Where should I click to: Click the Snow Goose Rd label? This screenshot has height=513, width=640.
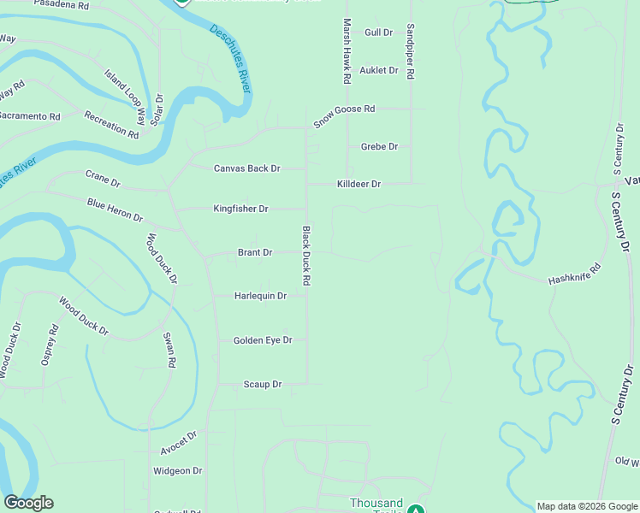point(344,115)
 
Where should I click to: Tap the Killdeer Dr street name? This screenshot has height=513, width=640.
point(359,184)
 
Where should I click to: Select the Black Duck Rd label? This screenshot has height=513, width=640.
point(305,256)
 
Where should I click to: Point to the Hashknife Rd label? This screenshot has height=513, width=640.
point(575,273)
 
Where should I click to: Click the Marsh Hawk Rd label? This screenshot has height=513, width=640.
point(347,51)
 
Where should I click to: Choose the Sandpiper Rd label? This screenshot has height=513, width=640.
point(411,51)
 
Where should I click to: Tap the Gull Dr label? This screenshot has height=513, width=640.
point(378,32)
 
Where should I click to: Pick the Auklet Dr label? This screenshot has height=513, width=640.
point(379,70)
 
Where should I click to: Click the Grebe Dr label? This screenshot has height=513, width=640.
point(379,147)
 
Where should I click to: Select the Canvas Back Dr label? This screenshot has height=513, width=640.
point(246,168)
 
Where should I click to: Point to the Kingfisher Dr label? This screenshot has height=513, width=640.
point(240,209)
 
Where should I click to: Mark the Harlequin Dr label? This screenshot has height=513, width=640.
point(260,296)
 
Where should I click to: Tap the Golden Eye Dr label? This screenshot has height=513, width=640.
point(263,340)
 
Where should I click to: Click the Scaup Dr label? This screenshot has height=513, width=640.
point(262,385)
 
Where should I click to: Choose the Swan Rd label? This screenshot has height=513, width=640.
point(170,349)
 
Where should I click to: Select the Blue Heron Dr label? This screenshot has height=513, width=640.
point(115,209)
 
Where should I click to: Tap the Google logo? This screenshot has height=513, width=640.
point(28,503)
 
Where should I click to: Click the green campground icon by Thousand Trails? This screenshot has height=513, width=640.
point(415,510)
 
